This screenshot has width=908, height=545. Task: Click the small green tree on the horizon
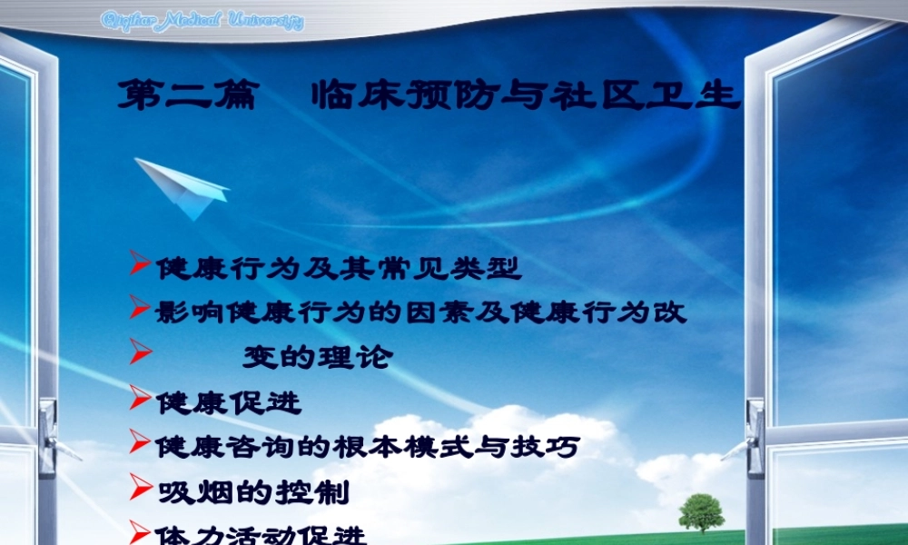[701, 511]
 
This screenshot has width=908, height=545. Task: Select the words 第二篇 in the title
[188, 94]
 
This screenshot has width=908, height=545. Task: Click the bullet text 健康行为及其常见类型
[338, 268]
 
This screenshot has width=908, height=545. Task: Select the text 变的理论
[317, 357]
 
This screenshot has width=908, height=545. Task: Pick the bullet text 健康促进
[228, 401]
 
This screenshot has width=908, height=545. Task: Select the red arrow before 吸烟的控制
[139, 487]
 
